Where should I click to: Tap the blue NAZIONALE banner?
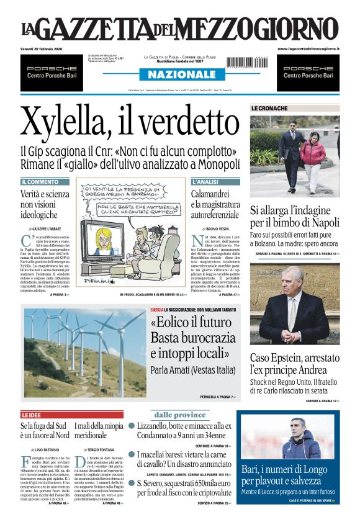[x=180, y=74]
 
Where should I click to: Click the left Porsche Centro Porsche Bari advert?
[x=52, y=72]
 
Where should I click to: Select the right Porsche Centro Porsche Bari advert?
[x=308, y=72]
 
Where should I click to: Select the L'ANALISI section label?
[x=205, y=182]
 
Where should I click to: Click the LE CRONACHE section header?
[x=269, y=108]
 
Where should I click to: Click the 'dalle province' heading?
[x=179, y=415]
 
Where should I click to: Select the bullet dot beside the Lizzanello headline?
[x=132, y=426]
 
